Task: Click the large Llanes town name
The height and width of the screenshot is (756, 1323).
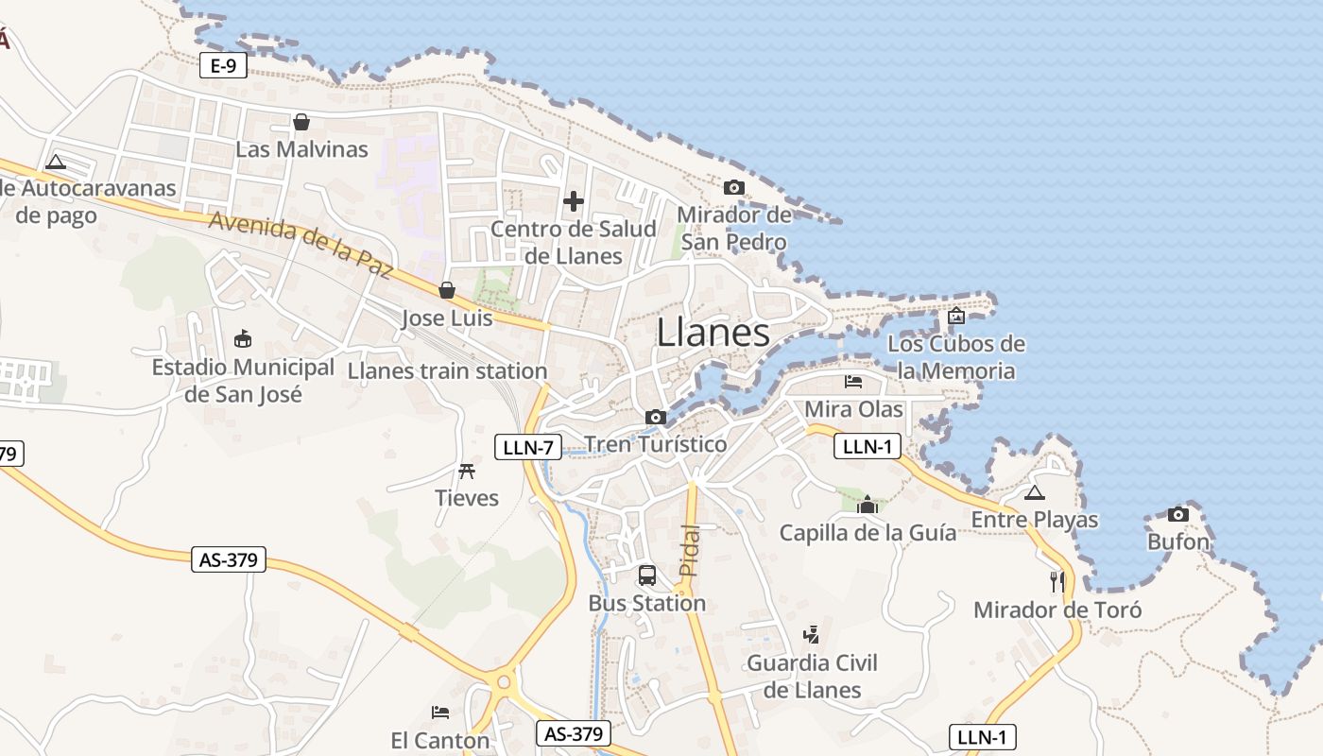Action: (713, 333)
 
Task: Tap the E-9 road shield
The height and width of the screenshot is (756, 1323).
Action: (223, 65)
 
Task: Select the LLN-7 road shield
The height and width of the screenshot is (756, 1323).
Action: (528, 447)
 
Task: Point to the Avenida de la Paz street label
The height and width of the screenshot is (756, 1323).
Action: (300, 243)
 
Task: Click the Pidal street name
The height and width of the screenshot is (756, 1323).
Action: (691, 551)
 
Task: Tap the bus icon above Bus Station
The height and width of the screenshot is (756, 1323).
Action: (647, 575)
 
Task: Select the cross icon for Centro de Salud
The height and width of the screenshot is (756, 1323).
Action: (574, 201)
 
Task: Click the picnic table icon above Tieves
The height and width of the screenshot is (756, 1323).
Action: (466, 471)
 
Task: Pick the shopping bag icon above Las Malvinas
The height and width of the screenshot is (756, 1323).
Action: (301, 122)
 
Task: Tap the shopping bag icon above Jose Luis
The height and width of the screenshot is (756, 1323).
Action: (447, 290)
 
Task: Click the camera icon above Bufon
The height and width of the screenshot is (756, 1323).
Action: (1177, 515)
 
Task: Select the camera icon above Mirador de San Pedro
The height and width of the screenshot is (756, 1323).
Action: (733, 188)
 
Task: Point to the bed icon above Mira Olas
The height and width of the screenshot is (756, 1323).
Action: (853, 382)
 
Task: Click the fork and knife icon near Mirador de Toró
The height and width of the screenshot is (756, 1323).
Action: (1057, 581)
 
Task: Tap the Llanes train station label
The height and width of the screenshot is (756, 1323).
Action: (447, 370)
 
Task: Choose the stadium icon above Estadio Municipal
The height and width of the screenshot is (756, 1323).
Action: (243, 338)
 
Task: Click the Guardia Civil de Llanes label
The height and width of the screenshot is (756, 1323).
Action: (812, 677)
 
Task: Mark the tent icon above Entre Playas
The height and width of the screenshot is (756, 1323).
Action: (1035, 492)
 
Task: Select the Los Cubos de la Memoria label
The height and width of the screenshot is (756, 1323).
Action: (956, 357)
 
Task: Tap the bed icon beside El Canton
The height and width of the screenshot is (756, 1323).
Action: (440, 712)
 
